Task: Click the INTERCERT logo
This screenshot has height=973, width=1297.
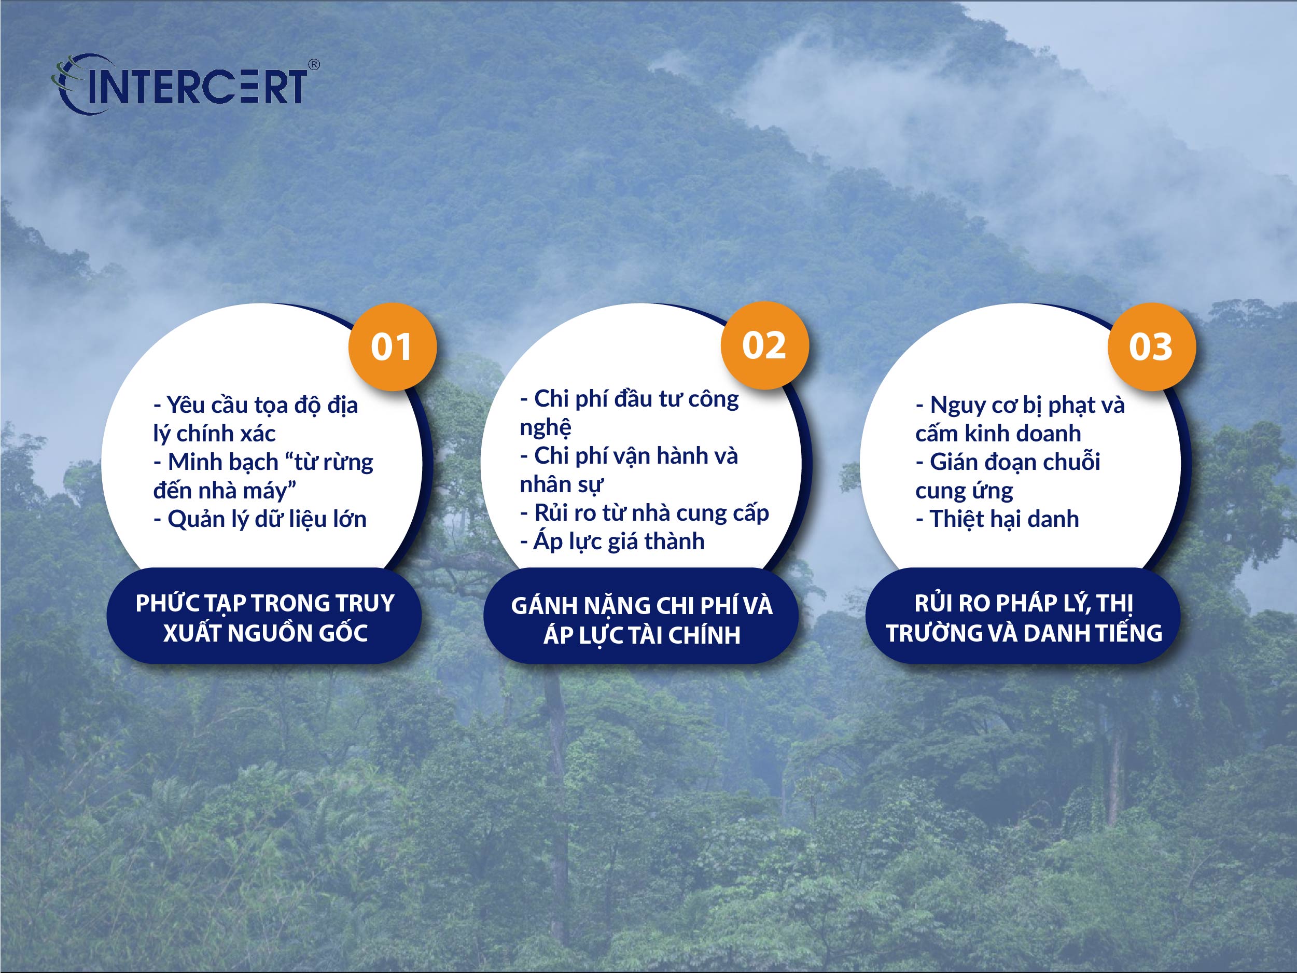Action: [185, 85]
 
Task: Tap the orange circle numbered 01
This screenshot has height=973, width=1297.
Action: [392, 346]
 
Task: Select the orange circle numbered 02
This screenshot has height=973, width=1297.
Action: [764, 345]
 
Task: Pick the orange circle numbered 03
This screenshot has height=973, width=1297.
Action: [1152, 346]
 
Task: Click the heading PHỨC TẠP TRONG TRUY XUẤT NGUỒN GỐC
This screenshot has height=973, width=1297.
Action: [265, 618]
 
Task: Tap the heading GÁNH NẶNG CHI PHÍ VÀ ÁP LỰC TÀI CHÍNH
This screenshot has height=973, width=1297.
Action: [642, 620]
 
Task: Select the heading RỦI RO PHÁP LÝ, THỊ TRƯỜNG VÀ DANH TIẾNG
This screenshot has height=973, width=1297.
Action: [1024, 618]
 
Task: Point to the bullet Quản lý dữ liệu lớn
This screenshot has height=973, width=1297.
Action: [260, 520]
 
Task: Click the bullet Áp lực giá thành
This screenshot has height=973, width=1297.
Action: [612, 541]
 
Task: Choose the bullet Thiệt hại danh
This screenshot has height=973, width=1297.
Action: [997, 519]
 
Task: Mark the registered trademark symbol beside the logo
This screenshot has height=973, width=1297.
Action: [314, 64]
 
